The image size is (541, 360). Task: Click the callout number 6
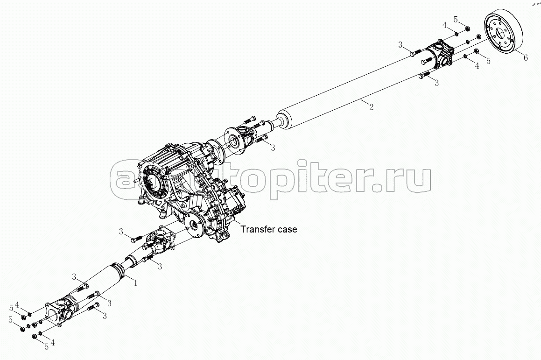[x=525, y=58]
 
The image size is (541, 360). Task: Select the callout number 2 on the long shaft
[x=371, y=107]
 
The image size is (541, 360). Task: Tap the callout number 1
[x=135, y=282]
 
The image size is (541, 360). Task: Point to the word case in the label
[x=286, y=229]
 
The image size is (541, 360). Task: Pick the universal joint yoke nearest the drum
[x=441, y=52]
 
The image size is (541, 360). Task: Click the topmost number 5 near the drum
[x=456, y=19]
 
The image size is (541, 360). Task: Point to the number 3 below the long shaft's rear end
[x=437, y=83]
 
